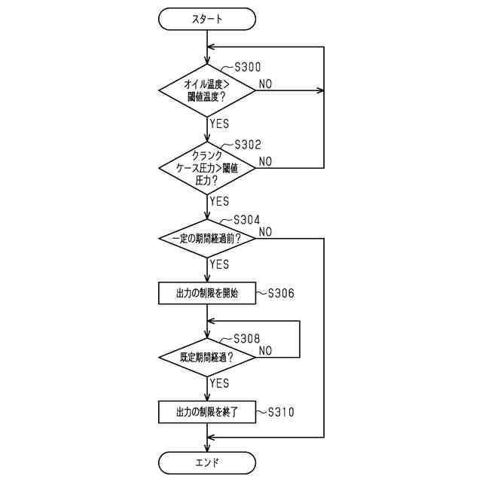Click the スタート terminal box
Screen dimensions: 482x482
(x=207, y=20)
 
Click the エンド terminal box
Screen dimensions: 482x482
(x=207, y=461)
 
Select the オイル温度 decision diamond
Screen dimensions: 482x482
(x=207, y=90)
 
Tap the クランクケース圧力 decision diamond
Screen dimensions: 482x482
(x=207, y=167)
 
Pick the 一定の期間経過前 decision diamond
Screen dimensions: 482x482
(x=207, y=239)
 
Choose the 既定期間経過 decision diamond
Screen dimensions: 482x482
(x=207, y=357)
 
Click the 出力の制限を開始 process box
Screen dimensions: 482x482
(x=207, y=294)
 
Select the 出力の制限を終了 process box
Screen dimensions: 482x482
(x=207, y=412)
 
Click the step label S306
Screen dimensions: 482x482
(x=280, y=294)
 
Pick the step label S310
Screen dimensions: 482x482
(x=280, y=412)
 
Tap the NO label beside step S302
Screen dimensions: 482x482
(x=266, y=160)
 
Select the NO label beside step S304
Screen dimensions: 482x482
(x=266, y=231)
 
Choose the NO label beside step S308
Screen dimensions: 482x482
(x=266, y=350)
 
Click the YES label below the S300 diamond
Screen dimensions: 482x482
(x=220, y=124)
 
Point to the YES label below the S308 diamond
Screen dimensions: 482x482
(x=220, y=383)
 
